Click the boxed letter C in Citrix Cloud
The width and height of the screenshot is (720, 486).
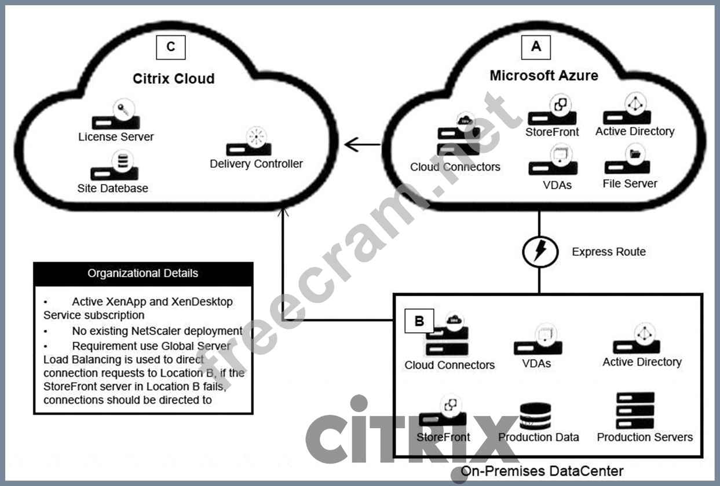click(171, 47)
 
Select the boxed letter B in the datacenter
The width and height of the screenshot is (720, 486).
click(420, 321)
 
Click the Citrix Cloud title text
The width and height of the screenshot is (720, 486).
click(173, 78)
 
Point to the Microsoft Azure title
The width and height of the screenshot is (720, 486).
click(544, 75)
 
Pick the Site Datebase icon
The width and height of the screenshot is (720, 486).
click(115, 166)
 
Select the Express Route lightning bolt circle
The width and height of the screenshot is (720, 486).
click(539, 252)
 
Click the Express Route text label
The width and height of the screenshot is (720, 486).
click(609, 252)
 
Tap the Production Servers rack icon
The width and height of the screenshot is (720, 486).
click(635, 410)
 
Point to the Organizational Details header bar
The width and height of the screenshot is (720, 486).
click(143, 273)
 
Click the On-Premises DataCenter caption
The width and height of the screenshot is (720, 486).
click(542, 471)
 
